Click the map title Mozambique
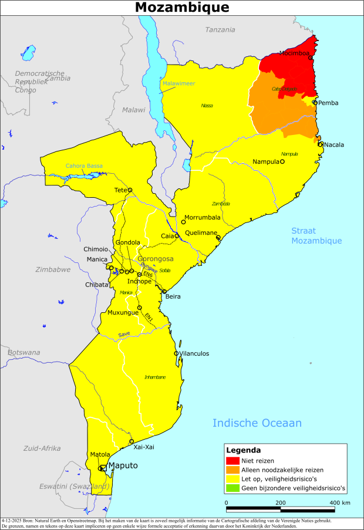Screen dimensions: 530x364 click(182, 8)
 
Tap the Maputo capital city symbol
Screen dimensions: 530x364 click(103, 468)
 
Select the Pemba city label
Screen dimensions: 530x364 click(328, 103)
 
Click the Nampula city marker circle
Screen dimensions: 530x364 click(282, 161)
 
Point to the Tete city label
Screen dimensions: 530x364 click(120, 190)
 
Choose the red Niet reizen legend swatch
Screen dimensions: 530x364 click(233, 461)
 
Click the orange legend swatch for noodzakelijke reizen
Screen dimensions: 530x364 click(233, 470)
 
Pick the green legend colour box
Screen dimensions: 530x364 click(233, 488)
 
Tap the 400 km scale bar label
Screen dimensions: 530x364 click(339, 503)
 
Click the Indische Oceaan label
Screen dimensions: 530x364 click(257, 423)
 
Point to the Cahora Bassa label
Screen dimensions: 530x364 click(84, 166)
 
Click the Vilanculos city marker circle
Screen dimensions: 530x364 click(176, 353)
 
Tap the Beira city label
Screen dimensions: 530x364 click(173, 296)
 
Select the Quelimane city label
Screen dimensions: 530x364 click(201, 232)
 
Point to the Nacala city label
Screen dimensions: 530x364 click(333, 144)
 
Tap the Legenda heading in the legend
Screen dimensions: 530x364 click(243, 451)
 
